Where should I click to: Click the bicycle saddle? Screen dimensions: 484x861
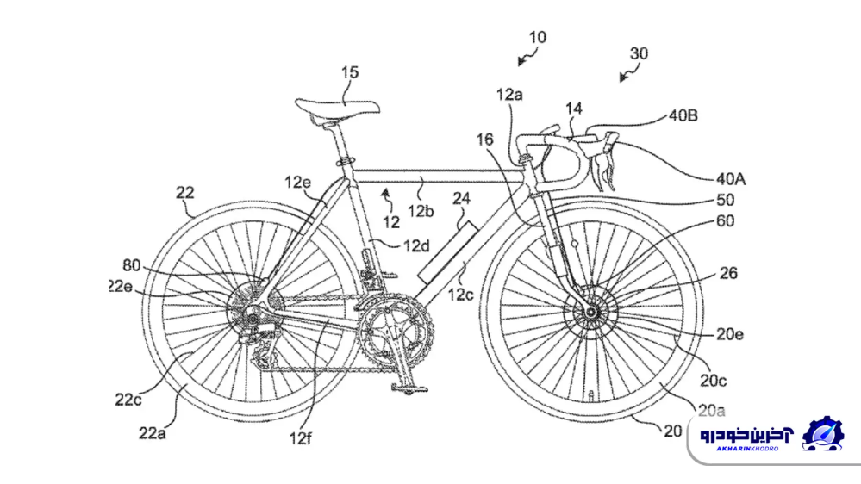coord(337,108)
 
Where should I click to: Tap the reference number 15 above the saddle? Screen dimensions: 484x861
coord(349,73)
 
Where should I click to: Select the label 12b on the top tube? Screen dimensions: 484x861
coord(421,210)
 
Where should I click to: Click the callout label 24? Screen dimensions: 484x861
coord(462,198)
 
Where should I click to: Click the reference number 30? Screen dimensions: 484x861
coord(639,53)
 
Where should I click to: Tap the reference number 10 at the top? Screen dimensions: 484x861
coord(537,38)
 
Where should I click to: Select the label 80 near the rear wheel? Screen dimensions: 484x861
coord(130,266)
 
